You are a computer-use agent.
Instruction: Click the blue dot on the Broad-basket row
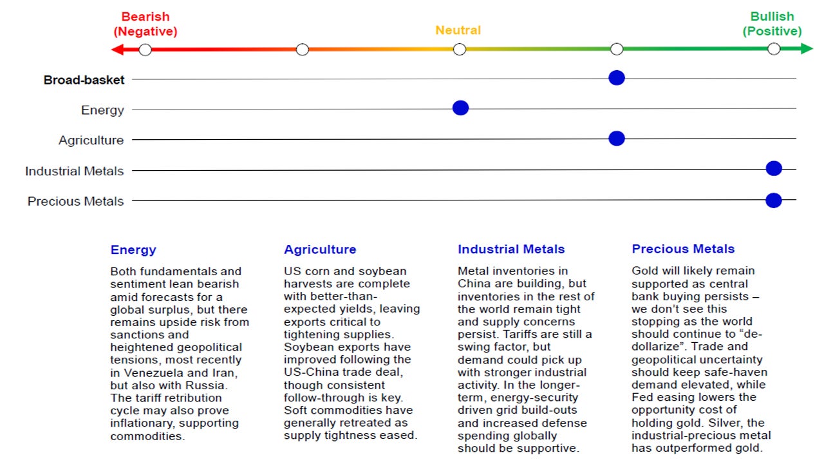pyautogui.click(x=616, y=78)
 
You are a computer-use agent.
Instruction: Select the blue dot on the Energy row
pyautogui.click(x=460, y=108)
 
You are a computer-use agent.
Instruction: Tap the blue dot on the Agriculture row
pyautogui.click(x=616, y=138)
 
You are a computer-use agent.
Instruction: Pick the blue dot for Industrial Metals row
pyautogui.click(x=773, y=168)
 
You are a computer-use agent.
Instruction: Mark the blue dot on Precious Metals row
pyautogui.click(x=773, y=200)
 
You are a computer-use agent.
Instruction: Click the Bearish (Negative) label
pyautogui.click(x=145, y=24)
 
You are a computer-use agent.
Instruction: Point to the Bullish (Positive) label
pyautogui.click(x=772, y=24)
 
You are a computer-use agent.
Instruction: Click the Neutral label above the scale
pyautogui.click(x=458, y=30)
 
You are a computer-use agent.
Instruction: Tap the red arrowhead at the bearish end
pyautogui.click(x=117, y=50)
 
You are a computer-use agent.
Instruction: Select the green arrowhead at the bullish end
pyautogui.click(x=807, y=49)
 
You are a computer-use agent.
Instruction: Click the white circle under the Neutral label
pyautogui.click(x=459, y=49)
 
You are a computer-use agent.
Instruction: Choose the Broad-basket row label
pyautogui.click(x=84, y=80)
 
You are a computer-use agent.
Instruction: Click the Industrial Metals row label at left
pyautogui.click(x=74, y=171)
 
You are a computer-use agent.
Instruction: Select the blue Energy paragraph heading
pyautogui.click(x=133, y=250)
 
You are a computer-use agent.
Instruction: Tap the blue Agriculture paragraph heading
pyautogui.click(x=320, y=249)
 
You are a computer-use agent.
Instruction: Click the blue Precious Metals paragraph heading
pyautogui.click(x=683, y=249)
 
